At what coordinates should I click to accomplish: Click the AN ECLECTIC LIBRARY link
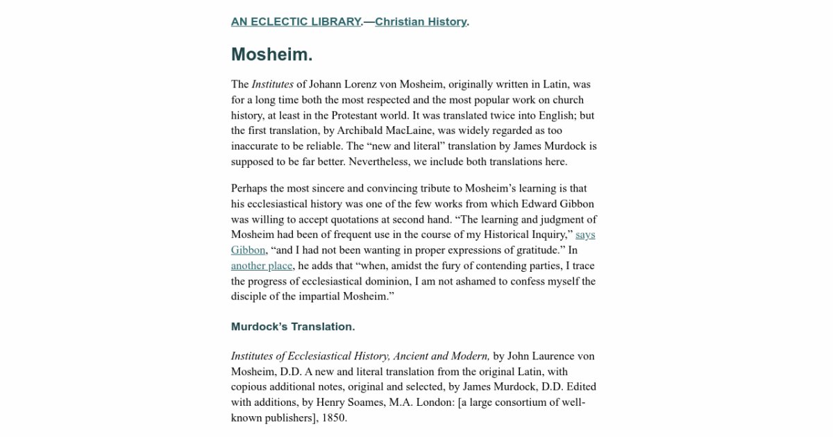click(x=296, y=22)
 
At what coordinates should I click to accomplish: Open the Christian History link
click(x=421, y=22)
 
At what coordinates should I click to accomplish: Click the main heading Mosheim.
click(x=271, y=55)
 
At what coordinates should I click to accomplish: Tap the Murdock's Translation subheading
click(x=292, y=327)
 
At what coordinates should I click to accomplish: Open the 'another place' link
click(x=262, y=266)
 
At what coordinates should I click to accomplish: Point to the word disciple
click(x=250, y=297)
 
